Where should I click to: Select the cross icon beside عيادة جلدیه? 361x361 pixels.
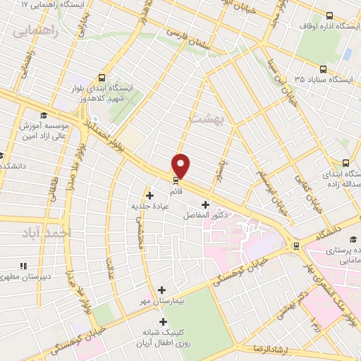[x=149, y=195]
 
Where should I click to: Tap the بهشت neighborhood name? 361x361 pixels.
[x=208, y=119]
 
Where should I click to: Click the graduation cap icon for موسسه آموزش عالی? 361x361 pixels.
[x=43, y=115]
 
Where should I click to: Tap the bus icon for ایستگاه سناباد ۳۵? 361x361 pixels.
[x=323, y=69]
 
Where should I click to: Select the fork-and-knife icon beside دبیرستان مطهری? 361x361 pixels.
[x=23, y=266]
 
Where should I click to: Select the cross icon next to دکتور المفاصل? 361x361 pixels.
[x=204, y=204]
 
